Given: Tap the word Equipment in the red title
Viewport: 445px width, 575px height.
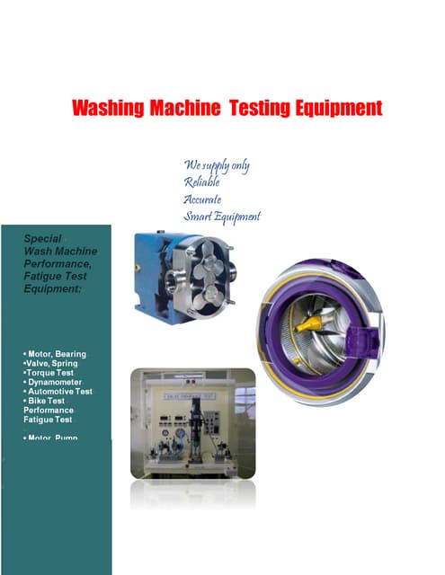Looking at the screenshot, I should pos(335,109).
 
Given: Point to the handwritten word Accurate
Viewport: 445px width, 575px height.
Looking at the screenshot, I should pos(203,199).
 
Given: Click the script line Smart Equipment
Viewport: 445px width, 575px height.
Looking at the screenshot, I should pos(222,217).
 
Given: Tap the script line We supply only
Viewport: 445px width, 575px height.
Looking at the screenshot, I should pos(217,165).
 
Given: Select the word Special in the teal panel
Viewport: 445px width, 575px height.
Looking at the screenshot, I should pos(42,239).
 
